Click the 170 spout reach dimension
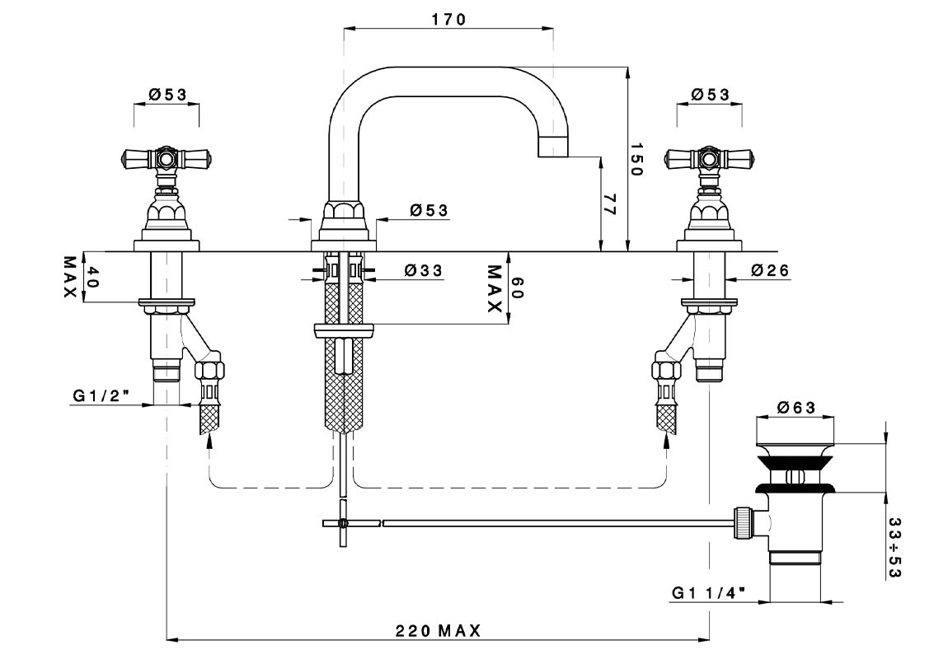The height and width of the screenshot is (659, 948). [448, 19]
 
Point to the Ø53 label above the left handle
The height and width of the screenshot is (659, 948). [167, 95]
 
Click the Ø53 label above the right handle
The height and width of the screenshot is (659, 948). [710, 95]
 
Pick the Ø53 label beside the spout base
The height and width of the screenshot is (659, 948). [429, 211]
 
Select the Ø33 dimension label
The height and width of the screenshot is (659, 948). [424, 270]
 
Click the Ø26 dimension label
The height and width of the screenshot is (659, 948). [771, 270]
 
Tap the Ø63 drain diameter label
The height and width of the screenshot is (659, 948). [796, 407]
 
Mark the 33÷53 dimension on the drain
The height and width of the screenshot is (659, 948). [894, 548]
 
